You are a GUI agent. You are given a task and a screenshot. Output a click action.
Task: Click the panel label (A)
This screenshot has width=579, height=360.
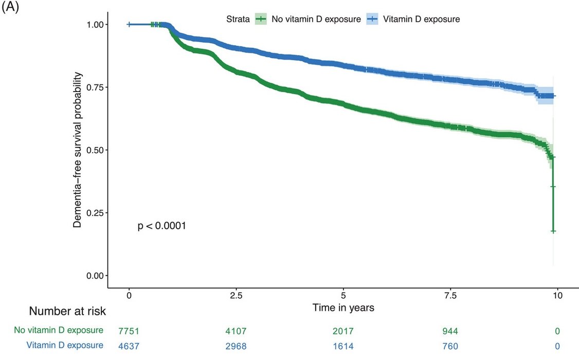[x=10, y=9]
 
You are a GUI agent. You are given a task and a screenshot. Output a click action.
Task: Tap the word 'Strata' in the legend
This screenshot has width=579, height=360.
[x=238, y=20]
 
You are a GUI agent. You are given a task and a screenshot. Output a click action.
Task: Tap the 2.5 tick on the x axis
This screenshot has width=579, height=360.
[x=236, y=296]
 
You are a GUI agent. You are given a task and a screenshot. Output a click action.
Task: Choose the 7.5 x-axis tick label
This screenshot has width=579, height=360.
[x=450, y=296]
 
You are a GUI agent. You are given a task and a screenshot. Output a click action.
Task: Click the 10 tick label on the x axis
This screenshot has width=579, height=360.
[x=557, y=296]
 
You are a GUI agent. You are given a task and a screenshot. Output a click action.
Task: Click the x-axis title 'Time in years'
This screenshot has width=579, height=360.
[x=343, y=308]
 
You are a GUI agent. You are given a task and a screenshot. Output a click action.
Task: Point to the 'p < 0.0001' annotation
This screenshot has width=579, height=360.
[x=161, y=226]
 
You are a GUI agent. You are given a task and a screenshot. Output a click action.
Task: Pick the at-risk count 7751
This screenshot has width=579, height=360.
[x=129, y=331]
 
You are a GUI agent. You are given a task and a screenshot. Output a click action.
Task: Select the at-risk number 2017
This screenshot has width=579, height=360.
[x=343, y=331]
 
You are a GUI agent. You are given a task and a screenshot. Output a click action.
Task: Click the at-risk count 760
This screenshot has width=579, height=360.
[x=450, y=346]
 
